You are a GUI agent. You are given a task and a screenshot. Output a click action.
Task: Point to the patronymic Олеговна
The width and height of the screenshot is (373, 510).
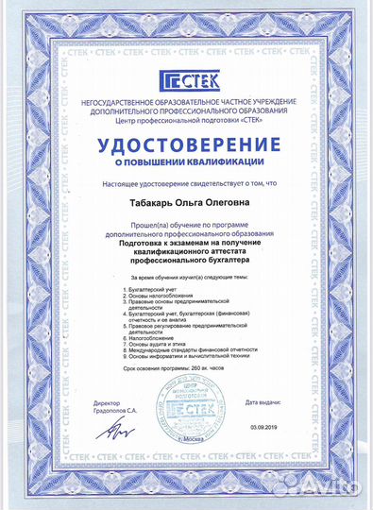[x=224, y=202]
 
